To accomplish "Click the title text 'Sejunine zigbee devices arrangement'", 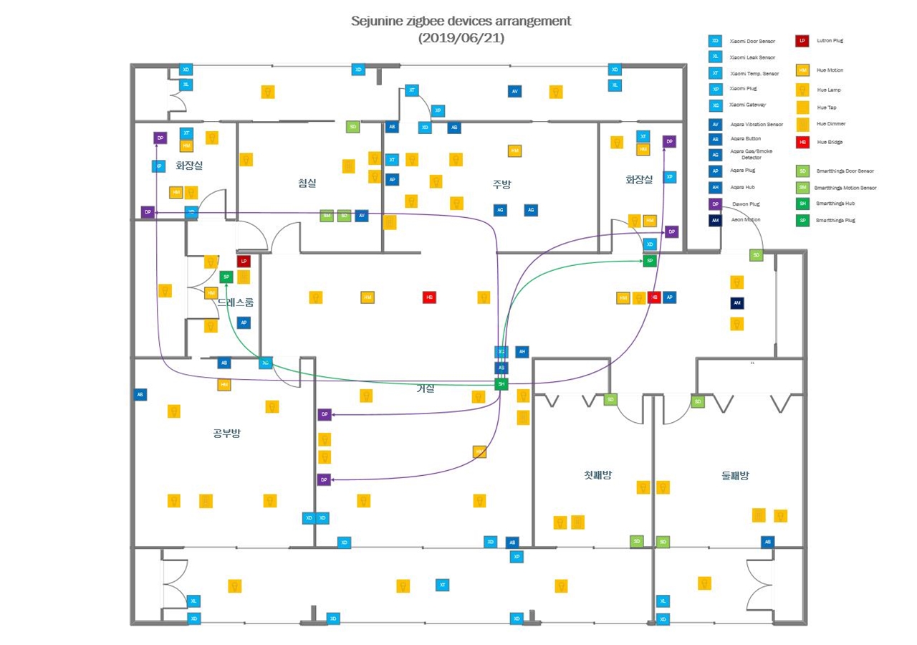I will coord(461,21).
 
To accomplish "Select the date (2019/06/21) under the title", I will coord(461,39).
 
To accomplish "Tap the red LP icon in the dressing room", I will coord(244,262).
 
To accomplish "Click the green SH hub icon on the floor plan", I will coord(501,384).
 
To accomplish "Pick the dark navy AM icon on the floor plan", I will coord(736,303).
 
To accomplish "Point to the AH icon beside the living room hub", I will coord(522,352).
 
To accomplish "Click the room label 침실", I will coord(307,183).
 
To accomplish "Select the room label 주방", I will coord(501,183).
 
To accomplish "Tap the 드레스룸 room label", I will coord(236,302).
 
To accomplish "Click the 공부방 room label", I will coord(226,434).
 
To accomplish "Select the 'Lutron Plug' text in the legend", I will coord(830,41).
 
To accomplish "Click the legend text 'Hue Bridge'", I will coord(830,142).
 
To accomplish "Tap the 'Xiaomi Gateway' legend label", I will coord(748,105).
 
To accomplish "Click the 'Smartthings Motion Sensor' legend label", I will coord(845,188).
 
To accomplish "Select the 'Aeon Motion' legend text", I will coord(746,219).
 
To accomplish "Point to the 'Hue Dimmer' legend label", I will coord(831,124).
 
